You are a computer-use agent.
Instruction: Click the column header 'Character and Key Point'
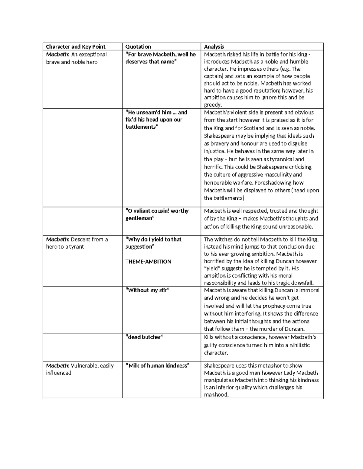pyautogui.click(x=76, y=47)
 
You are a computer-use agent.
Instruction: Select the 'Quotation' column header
pyautogui.click(x=138, y=47)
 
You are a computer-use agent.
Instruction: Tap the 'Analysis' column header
pyautogui.click(x=214, y=47)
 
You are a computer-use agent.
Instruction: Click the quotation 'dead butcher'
pyautogui.click(x=144, y=337)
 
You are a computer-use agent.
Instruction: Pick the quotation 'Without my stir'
pyautogui.click(x=147, y=290)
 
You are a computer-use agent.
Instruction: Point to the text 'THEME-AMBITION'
pyautogui.click(x=148, y=262)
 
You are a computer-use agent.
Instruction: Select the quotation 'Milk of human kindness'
pyautogui.click(x=158, y=365)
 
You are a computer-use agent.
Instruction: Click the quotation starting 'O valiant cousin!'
pyautogui.click(x=157, y=214)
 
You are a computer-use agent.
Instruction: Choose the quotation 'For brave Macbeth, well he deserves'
pyautogui.click(x=161, y=58)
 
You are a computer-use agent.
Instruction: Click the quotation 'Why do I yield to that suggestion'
pyautogui.click(x=153, y=243)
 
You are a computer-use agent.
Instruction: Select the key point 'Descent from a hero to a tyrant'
pyautogui.click(x=77, y=243)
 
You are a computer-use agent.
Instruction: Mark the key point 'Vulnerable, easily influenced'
pyautogui.click(x=80, y=369)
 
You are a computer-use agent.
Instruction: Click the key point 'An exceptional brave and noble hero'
pyautogui.click(x=76, y=58)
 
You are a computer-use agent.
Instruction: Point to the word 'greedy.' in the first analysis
pyautogui.click(x=213, y=105)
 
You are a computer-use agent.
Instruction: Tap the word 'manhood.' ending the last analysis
pyautogui.click(x=216, y=395)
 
